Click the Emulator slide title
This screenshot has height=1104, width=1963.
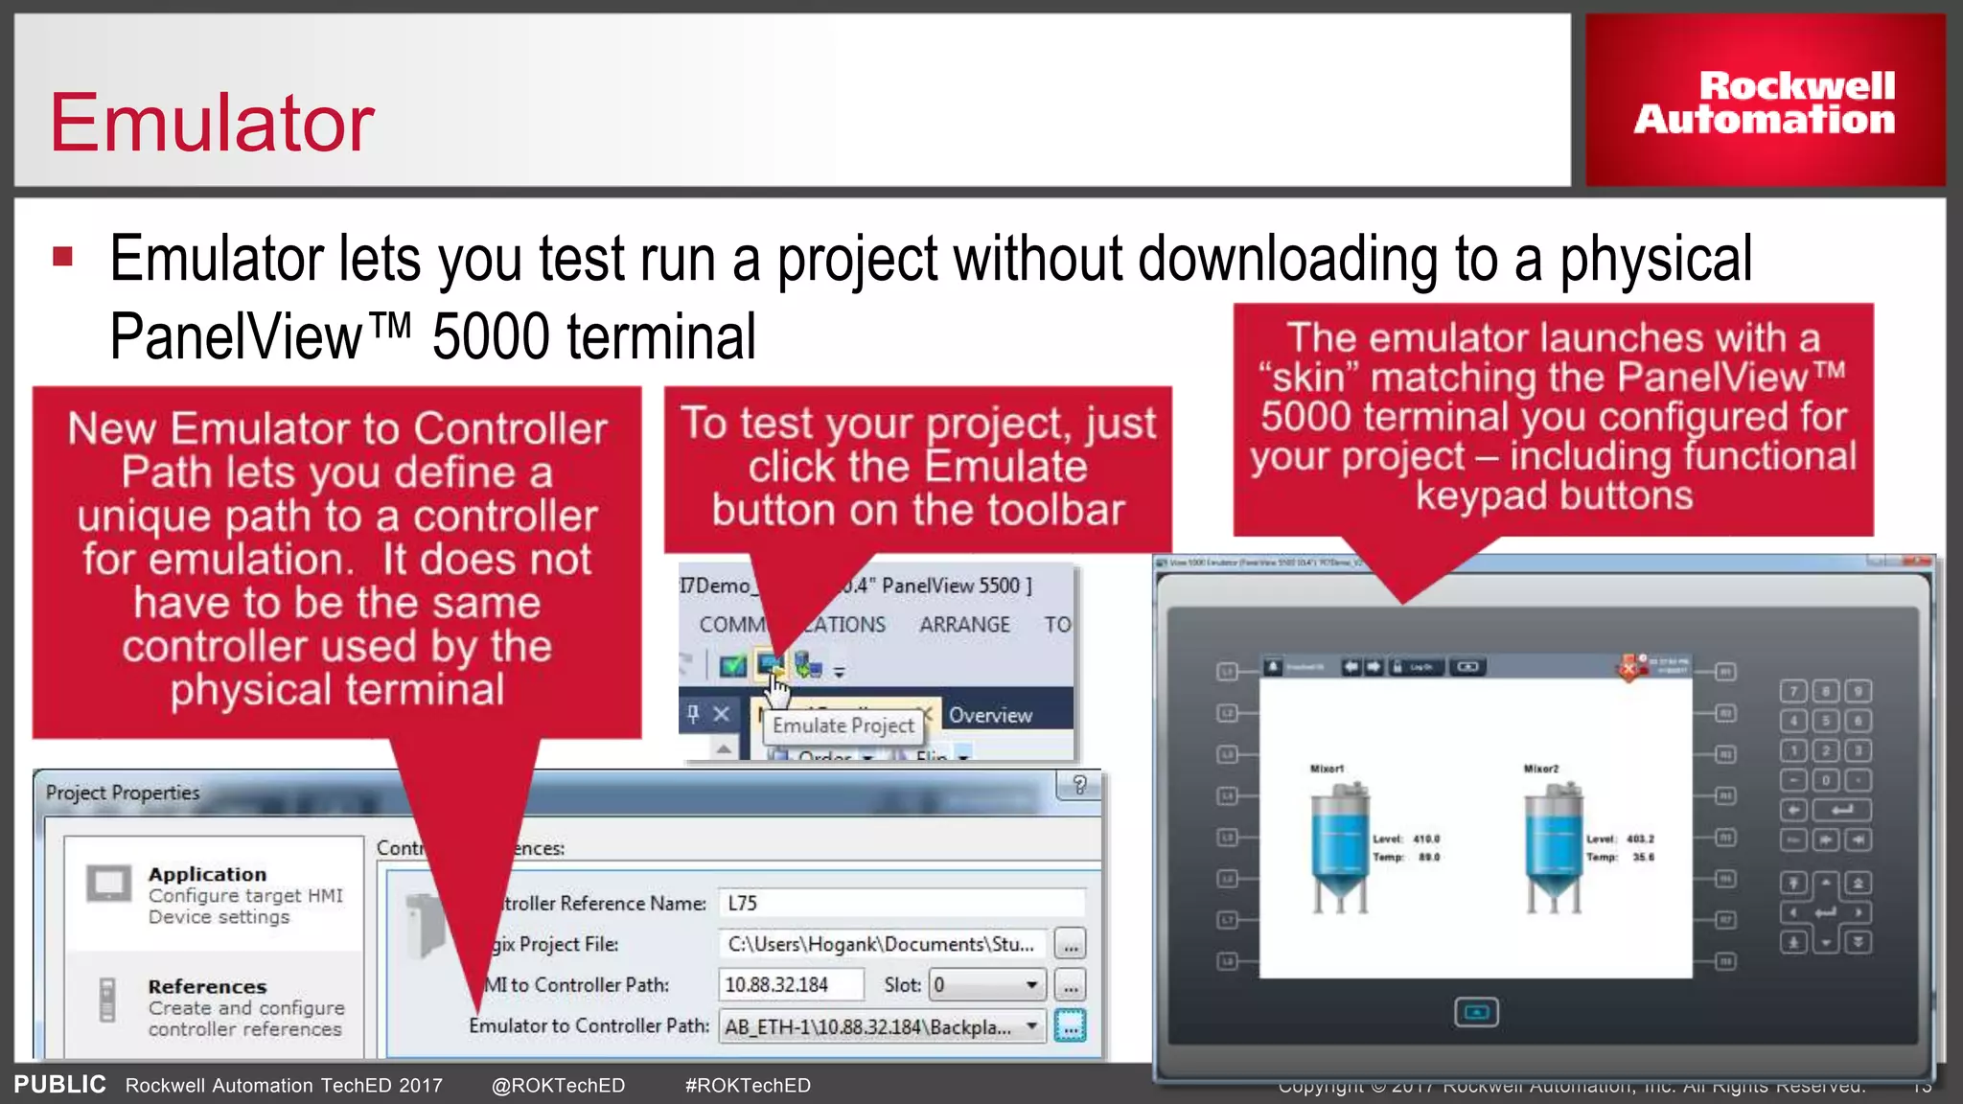[212, 123]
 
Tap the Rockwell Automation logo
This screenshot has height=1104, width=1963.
[1764, 102]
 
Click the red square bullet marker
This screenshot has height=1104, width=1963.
[63, 256]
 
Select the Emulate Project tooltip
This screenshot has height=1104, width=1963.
[843, 725]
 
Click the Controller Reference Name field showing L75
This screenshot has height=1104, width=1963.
[901, 903]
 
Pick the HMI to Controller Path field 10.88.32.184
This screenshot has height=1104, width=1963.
[790, 984]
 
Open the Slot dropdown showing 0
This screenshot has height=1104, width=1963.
[987, 984]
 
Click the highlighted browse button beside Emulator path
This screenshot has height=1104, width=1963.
[1070, 1026]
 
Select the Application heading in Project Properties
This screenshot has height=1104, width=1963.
[207, 874]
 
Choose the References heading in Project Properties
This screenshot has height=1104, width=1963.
[207, 986]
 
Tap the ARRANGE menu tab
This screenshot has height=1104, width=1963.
[964, 625]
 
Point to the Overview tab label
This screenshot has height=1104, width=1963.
[990, 715]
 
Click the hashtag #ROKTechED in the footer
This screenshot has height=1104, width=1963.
[748, 1085]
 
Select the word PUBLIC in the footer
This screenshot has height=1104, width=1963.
[59, 1084]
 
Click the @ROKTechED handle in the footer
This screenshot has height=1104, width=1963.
[558, 1085]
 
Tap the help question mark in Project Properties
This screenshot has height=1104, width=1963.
[1079, 786]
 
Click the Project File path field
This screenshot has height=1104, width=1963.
[882, 944]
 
